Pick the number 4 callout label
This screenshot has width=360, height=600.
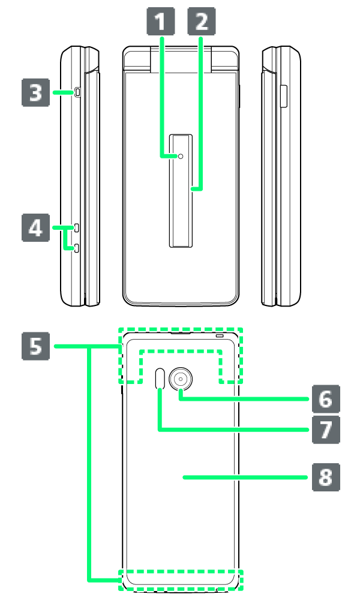click(36, 228)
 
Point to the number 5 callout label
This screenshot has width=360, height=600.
click(36, 346)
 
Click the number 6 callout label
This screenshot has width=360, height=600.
click(325, 398)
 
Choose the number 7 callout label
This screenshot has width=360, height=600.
click(325, 430)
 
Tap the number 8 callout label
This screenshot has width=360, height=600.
click(325, 477)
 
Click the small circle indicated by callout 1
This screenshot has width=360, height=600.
click(181, 156)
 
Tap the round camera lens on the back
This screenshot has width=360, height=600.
click(180, 379)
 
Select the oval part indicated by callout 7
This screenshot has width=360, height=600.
click(160, 379)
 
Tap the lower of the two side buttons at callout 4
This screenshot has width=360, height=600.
click(78, 248)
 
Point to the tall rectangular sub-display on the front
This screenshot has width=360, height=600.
click(181, 190)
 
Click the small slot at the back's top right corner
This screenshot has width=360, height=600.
click(221, 335)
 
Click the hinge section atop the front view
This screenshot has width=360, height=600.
click(181, 59)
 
